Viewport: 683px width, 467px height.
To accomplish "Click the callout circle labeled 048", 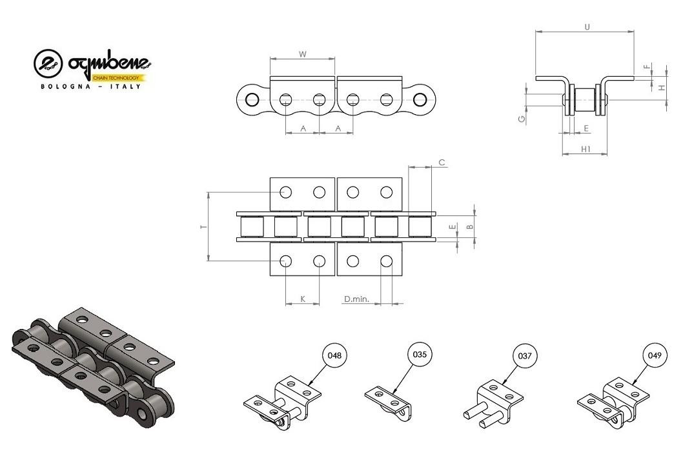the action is pos(334,355).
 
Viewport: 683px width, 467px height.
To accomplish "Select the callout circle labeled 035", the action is pos(420,354).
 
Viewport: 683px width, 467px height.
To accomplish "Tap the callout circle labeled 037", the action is pos(525,356).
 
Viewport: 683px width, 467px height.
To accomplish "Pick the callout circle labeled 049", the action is pos(655,355).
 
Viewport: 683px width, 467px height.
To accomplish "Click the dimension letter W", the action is pos(303,54).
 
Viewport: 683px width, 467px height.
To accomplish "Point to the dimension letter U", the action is pos(587,27).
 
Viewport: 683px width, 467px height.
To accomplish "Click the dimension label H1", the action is pos(586,149).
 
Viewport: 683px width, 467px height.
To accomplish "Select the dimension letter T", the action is pos(203,227).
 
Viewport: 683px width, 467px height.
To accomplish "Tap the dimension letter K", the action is pos(303,299).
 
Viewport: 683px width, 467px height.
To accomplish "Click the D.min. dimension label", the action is pos(356,299).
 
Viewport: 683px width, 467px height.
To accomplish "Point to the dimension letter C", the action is pos(442,163).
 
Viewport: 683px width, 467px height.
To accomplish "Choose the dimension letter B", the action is pos(469,226).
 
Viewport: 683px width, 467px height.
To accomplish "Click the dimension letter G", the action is pos(522,119).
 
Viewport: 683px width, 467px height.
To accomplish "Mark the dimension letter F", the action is pos(647,66).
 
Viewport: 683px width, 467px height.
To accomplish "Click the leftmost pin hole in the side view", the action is pos(252,100).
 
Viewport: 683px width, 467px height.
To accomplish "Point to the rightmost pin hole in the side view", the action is pos(420,100).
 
